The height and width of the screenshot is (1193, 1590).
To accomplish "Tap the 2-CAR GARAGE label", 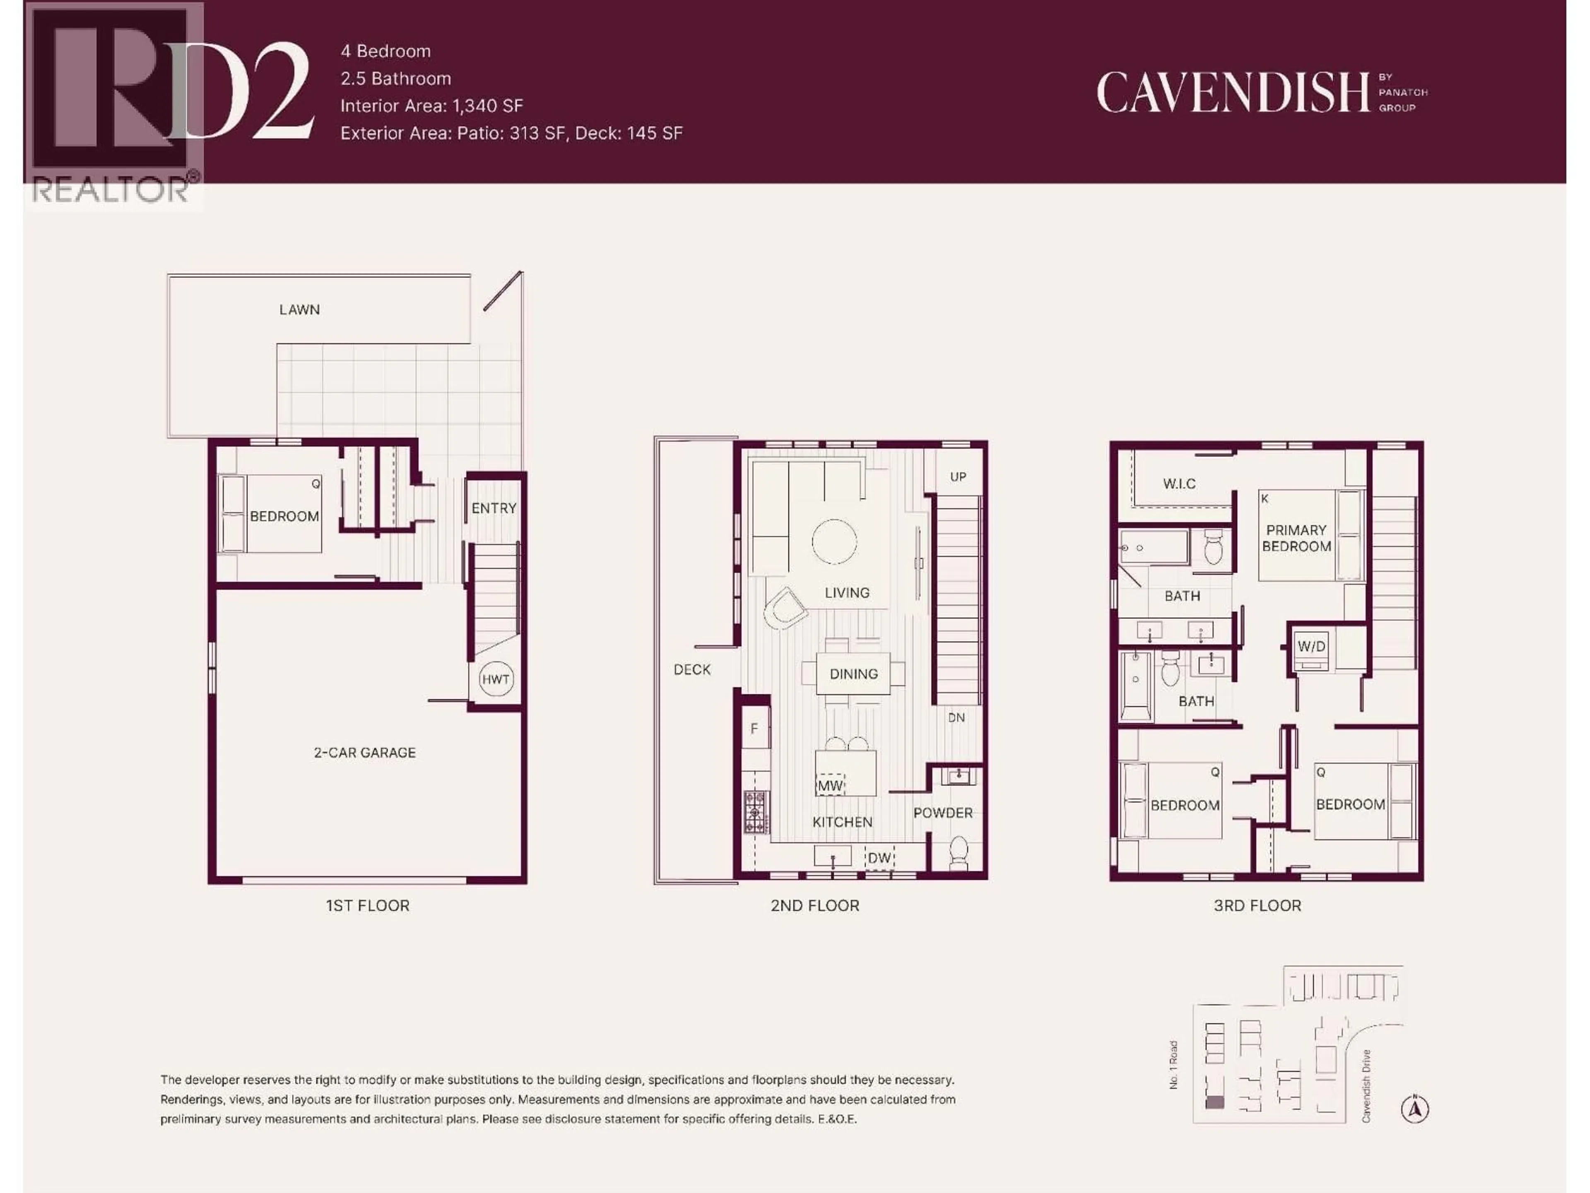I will (x=364, y=752).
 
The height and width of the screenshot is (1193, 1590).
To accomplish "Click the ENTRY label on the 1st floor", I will (x=494, y=508).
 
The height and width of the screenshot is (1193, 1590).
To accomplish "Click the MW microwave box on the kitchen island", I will (x=830, y=785).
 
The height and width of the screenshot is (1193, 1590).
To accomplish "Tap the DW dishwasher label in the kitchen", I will (x=879, y=858).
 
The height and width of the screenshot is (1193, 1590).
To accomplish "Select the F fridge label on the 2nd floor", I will (x=754, y=729).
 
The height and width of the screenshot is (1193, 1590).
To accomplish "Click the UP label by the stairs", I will (x=958, y=477).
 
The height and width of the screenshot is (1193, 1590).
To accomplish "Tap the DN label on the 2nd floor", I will (x=956, y=718).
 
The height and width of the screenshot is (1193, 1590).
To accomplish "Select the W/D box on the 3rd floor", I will (x=1311, y=647).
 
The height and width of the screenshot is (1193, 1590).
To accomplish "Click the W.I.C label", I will (x=1180, y=484).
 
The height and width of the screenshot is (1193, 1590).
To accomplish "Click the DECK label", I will (x=691, y=669).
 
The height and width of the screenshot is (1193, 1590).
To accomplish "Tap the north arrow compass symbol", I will (x=1414, y=1109).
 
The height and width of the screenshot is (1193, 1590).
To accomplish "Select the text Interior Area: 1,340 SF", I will (x=431, y=106).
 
